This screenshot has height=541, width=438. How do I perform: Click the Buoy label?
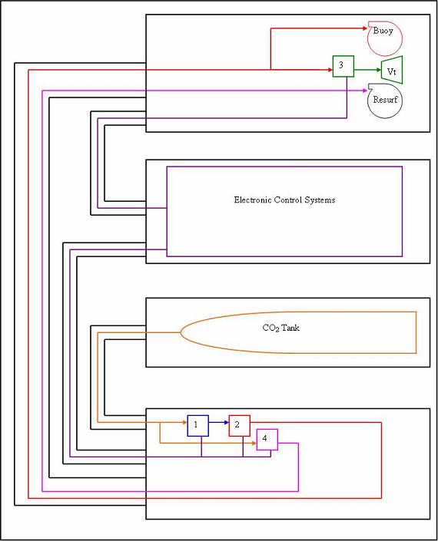coord(383,31)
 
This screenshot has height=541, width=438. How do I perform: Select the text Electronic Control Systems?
coord(284,200)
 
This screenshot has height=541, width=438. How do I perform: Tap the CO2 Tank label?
coord(280,328)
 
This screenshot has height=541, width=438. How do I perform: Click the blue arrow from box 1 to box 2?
coord(219,422)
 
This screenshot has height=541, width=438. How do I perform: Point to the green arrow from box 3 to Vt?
coord(367,70)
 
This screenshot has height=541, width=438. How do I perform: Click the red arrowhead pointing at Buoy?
coord(366,28)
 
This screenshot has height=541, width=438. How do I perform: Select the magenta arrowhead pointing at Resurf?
coord(365,91)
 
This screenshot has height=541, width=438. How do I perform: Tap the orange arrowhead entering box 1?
coord(185,422)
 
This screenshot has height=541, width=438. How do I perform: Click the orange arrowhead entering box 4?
coord(254,443)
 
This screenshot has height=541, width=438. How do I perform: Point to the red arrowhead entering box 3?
coord(330,70)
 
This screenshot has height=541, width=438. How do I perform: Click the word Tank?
coord(290,328)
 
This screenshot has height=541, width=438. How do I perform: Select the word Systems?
coord(322,200)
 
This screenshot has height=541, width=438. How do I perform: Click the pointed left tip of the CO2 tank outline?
coord(181,332)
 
